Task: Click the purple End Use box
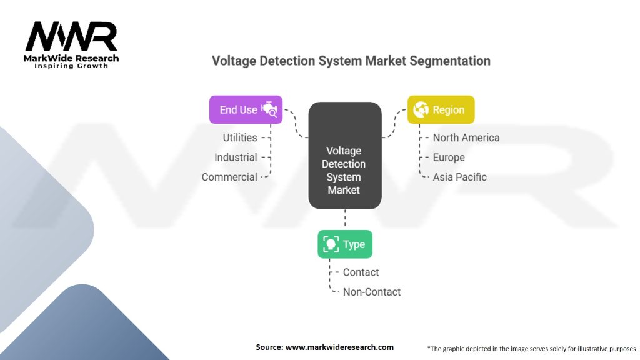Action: point(246,109)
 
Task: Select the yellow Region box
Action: point(441,109)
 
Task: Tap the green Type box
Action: point(345,244)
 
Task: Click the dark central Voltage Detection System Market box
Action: point(344,156)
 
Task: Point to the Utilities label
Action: point(240,137)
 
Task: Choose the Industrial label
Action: point(236,157)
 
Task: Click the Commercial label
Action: point(229,177)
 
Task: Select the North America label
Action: point(466,137)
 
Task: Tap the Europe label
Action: point(449,157)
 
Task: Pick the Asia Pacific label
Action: point(459,177)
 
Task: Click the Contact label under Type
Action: point(361,272)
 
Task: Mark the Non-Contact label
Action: point(372,292)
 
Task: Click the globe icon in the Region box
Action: point(421,109)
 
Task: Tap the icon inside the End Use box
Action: point(269,109)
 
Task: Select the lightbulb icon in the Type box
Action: point(331,244)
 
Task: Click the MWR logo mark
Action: point(71,37)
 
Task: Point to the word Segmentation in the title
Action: point(449,61)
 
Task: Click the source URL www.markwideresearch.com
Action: point(339,347)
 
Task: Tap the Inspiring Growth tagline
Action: point(71,66)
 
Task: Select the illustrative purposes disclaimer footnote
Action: point(531,348)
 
